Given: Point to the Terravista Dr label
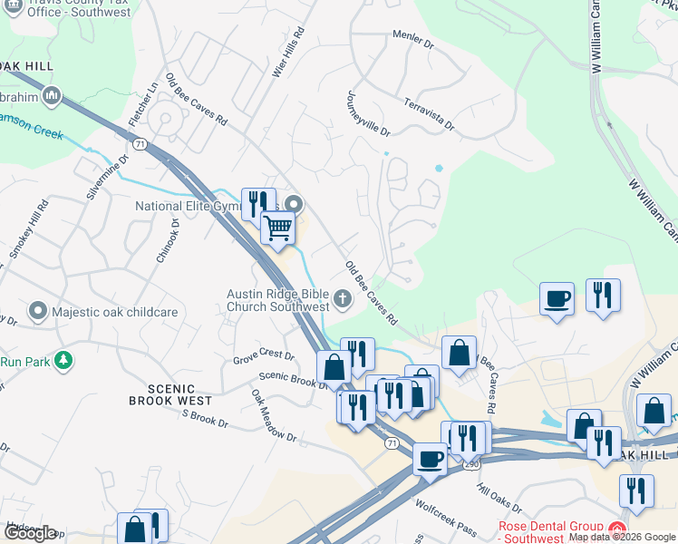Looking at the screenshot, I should click(x=429, y=113).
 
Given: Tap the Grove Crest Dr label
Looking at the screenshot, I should click(x=264, y=356).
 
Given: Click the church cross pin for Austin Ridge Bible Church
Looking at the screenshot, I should click(x=343, y=296).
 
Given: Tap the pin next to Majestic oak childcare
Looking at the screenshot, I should click(x=37, y=312).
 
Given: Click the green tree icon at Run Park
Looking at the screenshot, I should click(x=63, y=361).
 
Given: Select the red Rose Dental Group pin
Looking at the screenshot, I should click(x=620, y=528).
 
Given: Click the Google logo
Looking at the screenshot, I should click(x=31, y=533).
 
